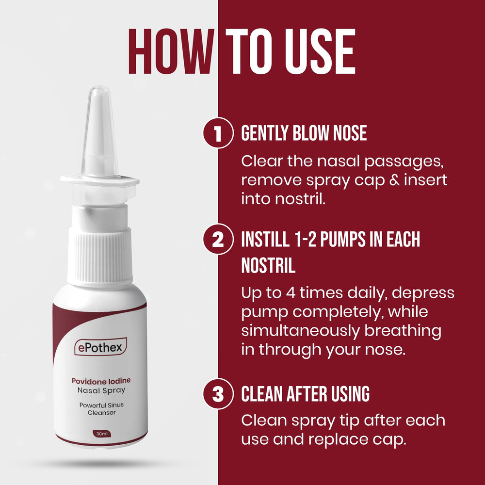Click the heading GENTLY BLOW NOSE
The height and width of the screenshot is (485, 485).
point(304,133)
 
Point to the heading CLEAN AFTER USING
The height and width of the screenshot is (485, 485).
point(306,394)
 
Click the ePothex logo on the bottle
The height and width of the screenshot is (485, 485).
point(100,347)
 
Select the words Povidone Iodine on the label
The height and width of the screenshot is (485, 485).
point(100,381)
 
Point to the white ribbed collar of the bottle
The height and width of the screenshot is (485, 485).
point(100,255)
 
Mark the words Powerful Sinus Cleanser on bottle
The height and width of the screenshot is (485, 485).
point(100,409)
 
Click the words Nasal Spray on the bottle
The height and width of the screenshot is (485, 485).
point(100,390)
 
